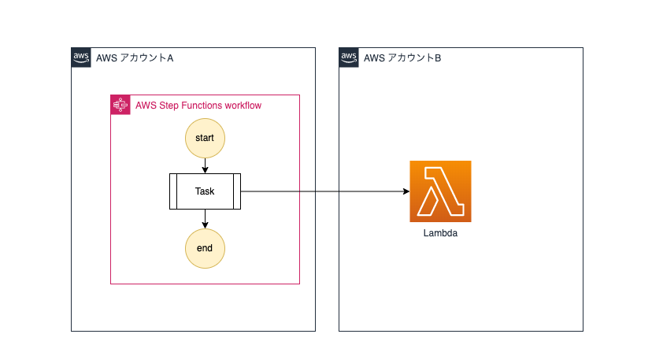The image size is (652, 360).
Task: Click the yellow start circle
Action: pos(205,138)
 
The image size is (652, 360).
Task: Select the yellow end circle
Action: pos(205,248)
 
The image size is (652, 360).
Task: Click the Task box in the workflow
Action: pos(205,191)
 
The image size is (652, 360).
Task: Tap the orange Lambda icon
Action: pos(440,191)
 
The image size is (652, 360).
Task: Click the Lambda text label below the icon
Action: pos(440,233)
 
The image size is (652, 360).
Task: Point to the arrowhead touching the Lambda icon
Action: pos(406,191)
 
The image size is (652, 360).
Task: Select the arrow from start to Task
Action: pos(205,166)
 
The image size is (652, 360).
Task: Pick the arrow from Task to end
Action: pos(205,219)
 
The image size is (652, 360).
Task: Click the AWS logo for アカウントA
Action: pos(81,58)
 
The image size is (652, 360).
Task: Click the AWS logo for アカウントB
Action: pos(349,58)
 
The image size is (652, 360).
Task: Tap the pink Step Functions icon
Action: pos(120,105)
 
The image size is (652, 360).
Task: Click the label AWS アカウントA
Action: pos(135,58)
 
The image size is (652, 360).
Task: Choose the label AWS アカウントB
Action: pos(402,58)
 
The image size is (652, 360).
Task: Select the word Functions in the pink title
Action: pos(202,106)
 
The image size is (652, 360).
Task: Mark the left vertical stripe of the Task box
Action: pos(173,191)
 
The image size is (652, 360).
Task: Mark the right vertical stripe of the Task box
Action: pos(237,191)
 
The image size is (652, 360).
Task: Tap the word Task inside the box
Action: pos(205,191)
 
